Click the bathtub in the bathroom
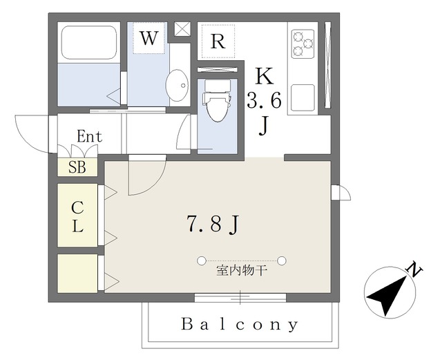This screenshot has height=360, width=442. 89,43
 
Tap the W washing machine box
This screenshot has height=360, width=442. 148,39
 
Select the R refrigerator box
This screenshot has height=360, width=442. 218,41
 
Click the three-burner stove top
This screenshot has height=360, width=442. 302,43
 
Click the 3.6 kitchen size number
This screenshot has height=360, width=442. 264,101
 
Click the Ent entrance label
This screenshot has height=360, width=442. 89,137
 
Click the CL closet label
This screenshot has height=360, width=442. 77,216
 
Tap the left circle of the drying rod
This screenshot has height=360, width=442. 201,260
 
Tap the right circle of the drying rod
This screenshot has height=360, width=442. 282,260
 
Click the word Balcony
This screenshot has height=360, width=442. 240,324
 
